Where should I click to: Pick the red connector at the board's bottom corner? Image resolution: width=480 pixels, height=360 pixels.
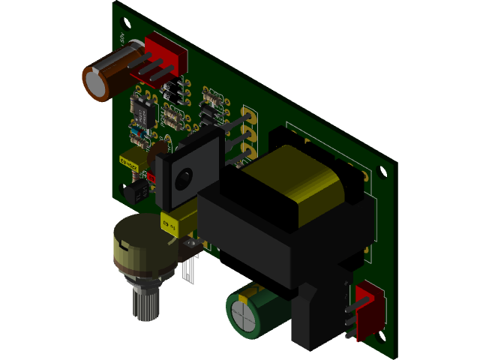371,307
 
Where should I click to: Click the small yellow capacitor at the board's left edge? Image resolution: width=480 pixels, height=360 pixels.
130,159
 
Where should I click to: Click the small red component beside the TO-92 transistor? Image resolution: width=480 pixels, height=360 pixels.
151,177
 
